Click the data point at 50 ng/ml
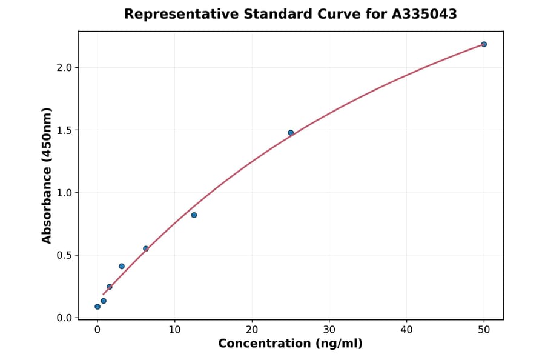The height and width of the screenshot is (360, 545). (484, 44)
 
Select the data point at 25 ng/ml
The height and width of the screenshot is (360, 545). (291, 133)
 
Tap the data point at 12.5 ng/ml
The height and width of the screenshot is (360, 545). (194, 215)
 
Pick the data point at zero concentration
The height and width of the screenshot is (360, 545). (97, 307)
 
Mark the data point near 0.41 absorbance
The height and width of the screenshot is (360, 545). (122, 266)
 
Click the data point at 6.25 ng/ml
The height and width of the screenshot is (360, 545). (146, 248)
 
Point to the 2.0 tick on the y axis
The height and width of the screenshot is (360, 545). (64, 67)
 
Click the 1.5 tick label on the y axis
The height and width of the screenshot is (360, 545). (64, 130)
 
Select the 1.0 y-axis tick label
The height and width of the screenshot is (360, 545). (64, 193)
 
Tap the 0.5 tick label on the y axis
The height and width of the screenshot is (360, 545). (64, 255)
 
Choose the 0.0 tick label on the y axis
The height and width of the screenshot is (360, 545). (64, 318)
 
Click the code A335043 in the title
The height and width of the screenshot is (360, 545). (424, 14)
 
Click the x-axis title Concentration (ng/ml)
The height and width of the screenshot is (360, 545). (291, 344)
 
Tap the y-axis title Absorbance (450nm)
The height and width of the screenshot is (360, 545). (47, 175)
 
